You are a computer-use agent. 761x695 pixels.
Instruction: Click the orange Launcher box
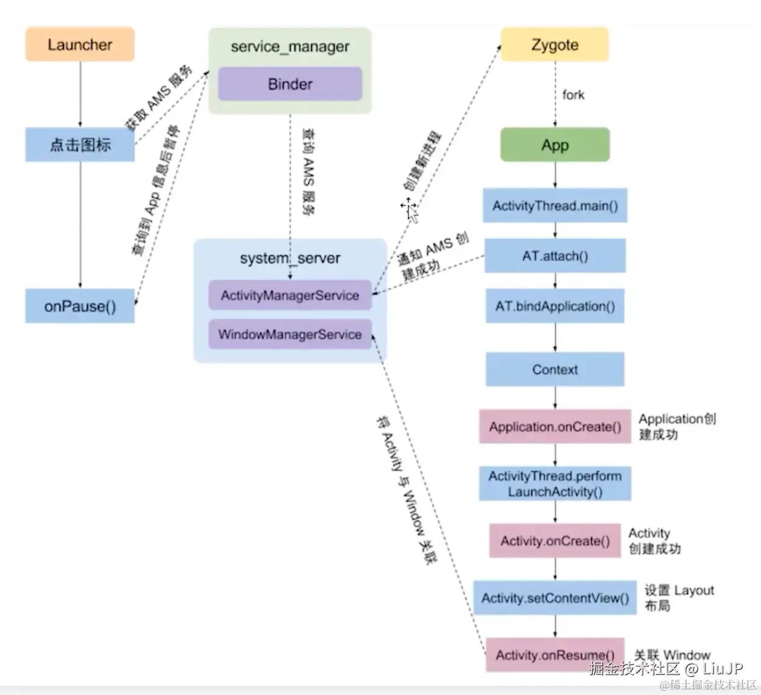point(80,44)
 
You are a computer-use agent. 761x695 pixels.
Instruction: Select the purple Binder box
point(290,84)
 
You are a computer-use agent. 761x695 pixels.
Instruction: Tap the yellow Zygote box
point(555,45)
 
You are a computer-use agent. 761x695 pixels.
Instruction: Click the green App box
point(555,144)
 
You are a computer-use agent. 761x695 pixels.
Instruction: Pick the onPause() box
point(80,306)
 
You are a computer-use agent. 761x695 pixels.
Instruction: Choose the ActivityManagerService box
point(290,295)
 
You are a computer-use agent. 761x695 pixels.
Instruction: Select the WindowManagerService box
point(290,334)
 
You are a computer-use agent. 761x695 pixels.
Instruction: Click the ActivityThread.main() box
point(555,205)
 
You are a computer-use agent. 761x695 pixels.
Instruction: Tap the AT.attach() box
point(555,255)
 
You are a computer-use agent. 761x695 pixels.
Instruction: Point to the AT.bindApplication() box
point(555,306)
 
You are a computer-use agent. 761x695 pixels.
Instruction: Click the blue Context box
point(555,369)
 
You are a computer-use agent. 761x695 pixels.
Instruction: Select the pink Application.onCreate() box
point(555,426)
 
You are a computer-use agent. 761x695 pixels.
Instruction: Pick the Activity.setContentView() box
point(555,597)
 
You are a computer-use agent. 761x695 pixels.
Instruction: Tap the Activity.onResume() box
point(555,655)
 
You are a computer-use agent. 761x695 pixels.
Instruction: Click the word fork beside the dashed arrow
point(573,94)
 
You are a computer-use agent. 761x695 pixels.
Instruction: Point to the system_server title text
point(290,258)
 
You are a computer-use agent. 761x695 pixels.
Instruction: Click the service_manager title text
point(290,46)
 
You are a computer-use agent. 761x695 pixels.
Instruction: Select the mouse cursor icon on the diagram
point(410,210)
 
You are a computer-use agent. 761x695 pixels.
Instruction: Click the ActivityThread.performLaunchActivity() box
point(555,483)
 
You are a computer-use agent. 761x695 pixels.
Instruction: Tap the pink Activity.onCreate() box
point(555,541)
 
